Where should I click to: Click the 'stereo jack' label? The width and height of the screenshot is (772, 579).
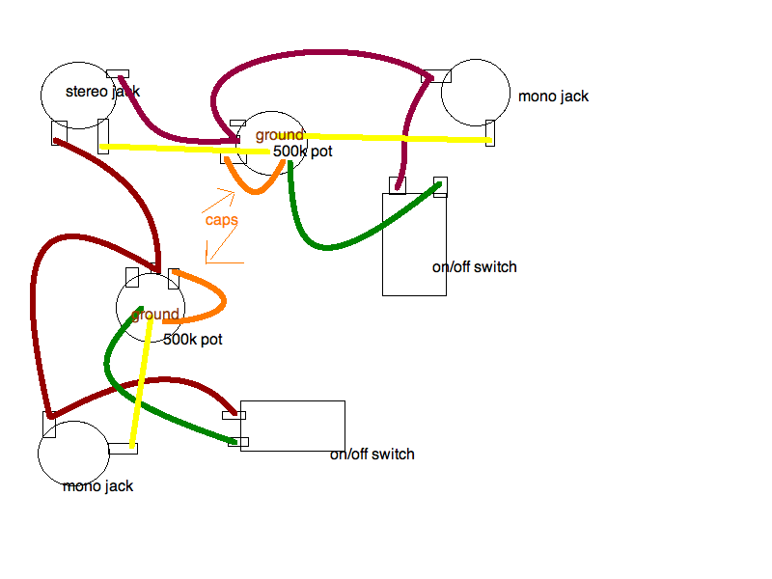coord(102,92)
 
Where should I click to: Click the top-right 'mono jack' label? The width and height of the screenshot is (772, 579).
coord(553,96)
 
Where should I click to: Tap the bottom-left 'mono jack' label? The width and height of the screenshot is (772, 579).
coord(97,486)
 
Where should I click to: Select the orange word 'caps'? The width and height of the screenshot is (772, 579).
coord(222,220)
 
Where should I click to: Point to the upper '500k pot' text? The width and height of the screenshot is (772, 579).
coord(302,152)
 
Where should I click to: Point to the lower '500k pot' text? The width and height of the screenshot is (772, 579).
coord(193,340)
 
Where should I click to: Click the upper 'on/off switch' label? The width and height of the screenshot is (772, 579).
coord(474,267)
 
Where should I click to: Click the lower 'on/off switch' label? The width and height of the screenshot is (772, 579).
coord(372,455)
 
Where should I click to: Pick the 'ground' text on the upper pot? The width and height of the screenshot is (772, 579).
coord(280,135)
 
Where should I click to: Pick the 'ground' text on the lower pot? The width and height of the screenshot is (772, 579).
coord(155,315)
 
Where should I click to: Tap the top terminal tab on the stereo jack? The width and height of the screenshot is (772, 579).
coord(118,73)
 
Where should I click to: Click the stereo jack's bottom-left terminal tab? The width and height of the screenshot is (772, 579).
coord(59,132)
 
